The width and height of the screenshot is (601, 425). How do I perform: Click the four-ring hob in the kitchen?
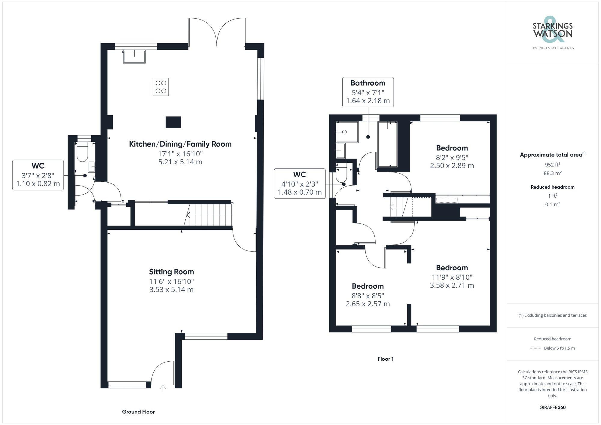click(161, 87)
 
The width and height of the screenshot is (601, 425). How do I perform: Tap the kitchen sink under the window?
click(134, 56)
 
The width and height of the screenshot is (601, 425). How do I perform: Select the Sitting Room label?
click(171, 272)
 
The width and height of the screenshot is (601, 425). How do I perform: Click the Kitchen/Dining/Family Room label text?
click(180, 144)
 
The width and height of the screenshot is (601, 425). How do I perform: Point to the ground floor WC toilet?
click(82, 152)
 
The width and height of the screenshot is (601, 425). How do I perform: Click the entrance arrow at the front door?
click(163, 388)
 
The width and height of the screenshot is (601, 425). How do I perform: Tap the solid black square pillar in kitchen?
click(173, 122)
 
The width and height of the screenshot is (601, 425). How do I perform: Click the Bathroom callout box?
click(368, 92)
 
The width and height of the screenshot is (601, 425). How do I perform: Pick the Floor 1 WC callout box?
click(300, 184)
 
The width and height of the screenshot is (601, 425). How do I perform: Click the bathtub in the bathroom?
click(387, 144)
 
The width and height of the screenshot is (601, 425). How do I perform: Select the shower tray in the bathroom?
click(347, 132)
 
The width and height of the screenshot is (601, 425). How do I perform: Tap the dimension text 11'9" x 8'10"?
click(452, 277)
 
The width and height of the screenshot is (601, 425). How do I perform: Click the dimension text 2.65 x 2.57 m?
click(368, 304)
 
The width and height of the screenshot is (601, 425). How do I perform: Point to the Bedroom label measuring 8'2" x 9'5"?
click(452, 148)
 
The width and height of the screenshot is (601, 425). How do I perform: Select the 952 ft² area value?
click(552, 165)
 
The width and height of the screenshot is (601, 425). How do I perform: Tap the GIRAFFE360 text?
click(552, 407)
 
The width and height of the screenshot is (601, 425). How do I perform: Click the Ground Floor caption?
click(138, 412)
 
